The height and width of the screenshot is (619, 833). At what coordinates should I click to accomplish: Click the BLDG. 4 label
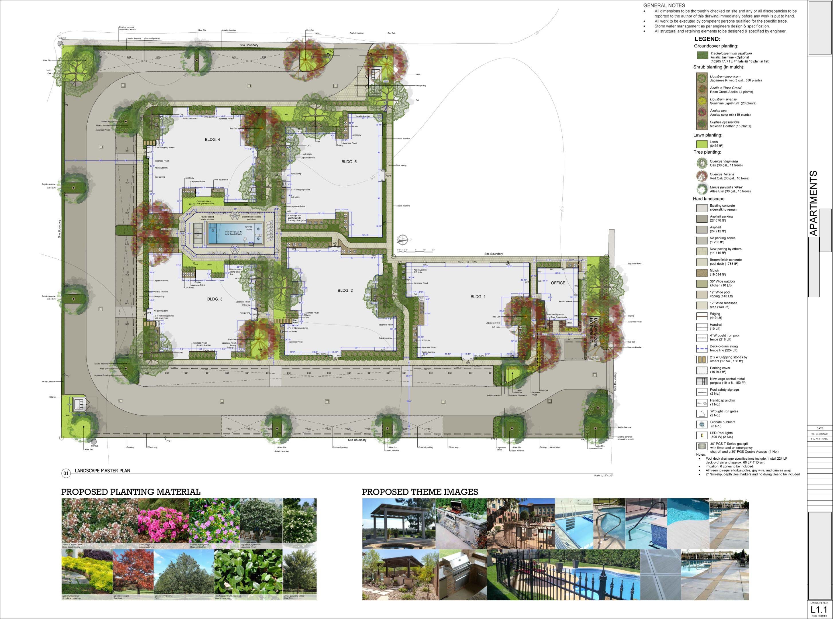(x=212, y=140)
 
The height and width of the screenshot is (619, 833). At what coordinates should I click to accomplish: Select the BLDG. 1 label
(x=478, y=297)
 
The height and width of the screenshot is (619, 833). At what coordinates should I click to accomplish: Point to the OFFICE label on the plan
(x=558, y=283)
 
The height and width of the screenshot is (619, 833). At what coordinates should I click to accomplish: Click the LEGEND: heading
(x=708, y=39)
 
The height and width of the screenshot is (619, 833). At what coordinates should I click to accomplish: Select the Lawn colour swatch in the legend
(x=702, y=144)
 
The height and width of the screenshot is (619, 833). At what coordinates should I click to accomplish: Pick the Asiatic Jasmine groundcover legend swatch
(x=702, y=56)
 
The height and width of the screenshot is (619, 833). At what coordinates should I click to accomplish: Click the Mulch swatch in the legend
(x=702, y=273)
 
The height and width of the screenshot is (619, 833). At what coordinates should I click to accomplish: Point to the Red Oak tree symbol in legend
(x=702, y=176)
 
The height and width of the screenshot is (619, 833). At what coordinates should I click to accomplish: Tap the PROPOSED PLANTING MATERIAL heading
(x=131, y=492)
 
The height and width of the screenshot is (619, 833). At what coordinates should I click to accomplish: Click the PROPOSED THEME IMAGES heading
(x=420, y=492)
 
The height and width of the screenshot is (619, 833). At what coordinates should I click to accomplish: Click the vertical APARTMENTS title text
(x=813, y=203)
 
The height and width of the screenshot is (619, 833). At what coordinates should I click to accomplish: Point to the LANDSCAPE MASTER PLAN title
(x=102, y=471)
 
